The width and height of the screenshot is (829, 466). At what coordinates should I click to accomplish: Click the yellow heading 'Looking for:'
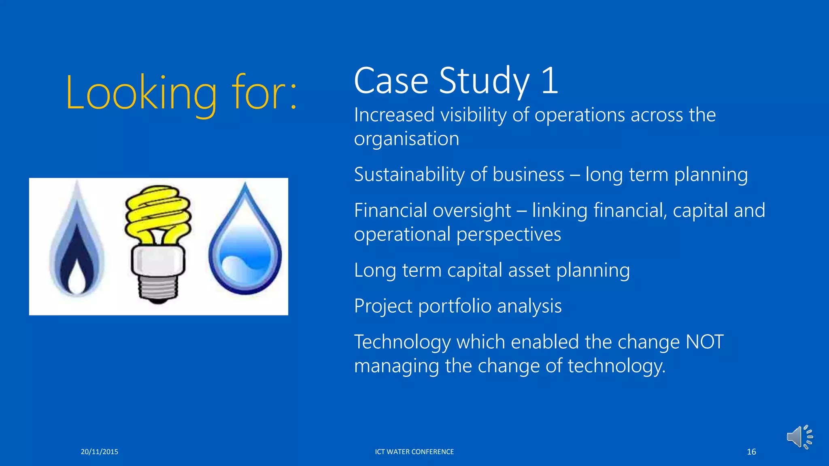coord(181,93)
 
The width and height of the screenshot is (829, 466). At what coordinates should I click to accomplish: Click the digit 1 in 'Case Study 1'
coord(550,81)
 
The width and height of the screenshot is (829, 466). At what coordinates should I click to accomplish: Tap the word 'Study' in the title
coord(484,81)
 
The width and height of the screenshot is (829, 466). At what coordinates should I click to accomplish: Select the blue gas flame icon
coord(77,243)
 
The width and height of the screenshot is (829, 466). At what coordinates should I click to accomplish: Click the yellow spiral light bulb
coord(158,214)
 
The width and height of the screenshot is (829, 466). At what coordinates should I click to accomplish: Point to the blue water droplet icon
coord(245,243)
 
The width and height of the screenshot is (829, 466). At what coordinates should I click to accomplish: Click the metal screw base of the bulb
coord(158,288)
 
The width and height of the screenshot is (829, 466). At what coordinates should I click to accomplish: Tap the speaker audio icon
coord(799,437)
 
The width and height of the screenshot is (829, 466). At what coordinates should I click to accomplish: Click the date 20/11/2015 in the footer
coord(99,452)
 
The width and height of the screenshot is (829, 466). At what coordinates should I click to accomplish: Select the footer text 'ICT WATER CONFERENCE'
coord(414,452)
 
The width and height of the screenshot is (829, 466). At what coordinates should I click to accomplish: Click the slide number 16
coord(751,452)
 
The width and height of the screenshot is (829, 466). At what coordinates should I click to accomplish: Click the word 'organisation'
coord(406,139)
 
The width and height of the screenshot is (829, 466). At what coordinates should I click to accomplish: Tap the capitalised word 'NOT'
coord(704,342)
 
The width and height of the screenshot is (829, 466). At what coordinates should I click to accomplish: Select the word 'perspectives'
coord(509,235)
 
